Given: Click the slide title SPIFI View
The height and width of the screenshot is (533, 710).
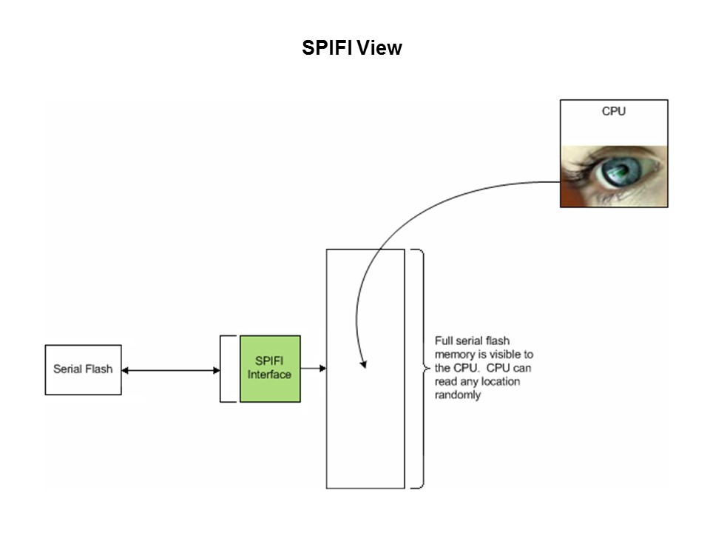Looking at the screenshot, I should (x=352, y=48).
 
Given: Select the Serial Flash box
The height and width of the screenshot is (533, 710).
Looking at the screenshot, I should (x=83, y=369).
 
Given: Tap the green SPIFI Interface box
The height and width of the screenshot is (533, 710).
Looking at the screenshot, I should (x=270, y=369).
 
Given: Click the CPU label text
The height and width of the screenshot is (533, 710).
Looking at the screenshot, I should (x=613, y=112).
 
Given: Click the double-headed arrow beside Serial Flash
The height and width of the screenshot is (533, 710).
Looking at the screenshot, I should (x=171, y=369).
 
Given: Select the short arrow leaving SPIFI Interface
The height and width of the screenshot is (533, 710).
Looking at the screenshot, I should (x=314, y=368).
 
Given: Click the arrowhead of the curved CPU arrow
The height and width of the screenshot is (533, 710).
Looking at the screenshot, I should (x=363, y=363).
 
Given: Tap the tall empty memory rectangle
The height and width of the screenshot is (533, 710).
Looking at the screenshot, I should (x=365, y=429).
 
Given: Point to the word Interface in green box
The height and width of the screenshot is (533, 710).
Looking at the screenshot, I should (x=269, y=375).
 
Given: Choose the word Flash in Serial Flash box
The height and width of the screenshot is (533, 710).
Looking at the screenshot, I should (x=99, y=369).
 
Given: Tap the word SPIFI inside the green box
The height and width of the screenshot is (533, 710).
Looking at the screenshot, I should (x=270, y=361).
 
